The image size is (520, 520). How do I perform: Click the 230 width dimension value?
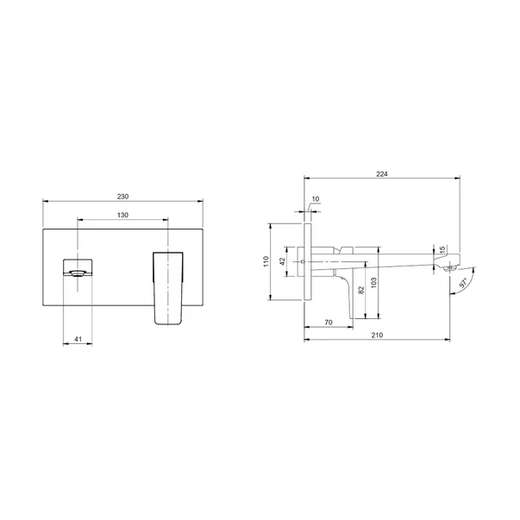tap(122, 197)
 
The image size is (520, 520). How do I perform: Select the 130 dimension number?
tap(122, 215)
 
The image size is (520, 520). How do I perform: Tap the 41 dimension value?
tap(78, 340)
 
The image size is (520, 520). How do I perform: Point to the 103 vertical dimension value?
tap(374, 282)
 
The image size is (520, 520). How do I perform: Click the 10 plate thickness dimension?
tap(316, 199)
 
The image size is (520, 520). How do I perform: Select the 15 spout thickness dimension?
tap(443, 250)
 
